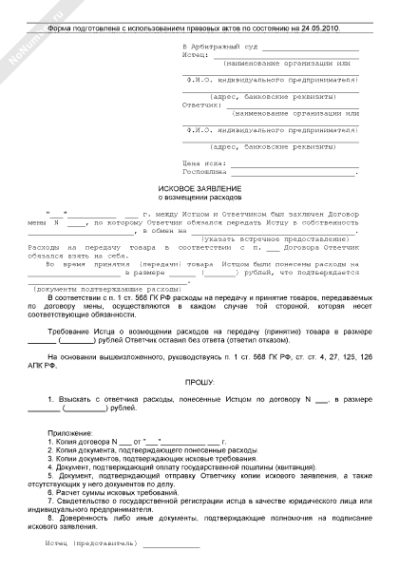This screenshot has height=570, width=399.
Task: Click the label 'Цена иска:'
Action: (x=199, y=163)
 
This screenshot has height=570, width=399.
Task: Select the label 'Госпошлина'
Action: (x=202, y=171)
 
